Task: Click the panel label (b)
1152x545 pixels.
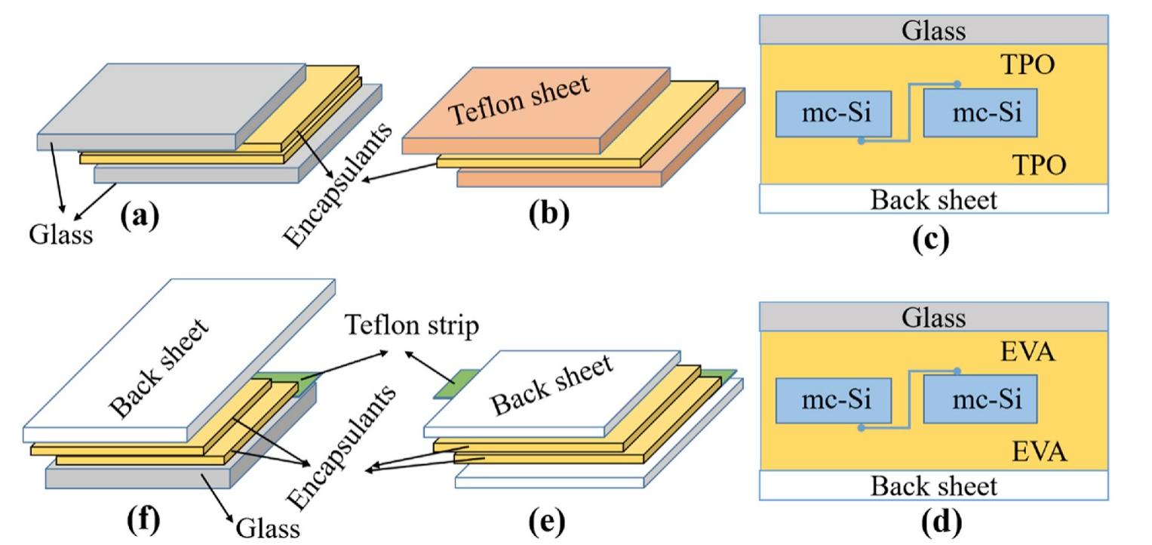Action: click(548, 214)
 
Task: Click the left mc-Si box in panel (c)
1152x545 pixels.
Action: click(834, 114)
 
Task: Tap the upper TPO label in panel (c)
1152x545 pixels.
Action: click(1027, 66)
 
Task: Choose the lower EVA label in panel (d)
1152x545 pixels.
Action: click(1039, 453)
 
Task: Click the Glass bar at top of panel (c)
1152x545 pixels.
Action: click(933, 30)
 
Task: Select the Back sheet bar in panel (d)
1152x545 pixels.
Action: click(933, 485)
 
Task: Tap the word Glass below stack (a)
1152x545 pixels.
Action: click(62, 235)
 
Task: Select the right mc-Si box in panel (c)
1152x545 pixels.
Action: click(981, 113)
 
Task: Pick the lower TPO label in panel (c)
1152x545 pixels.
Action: click(1038, 165)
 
